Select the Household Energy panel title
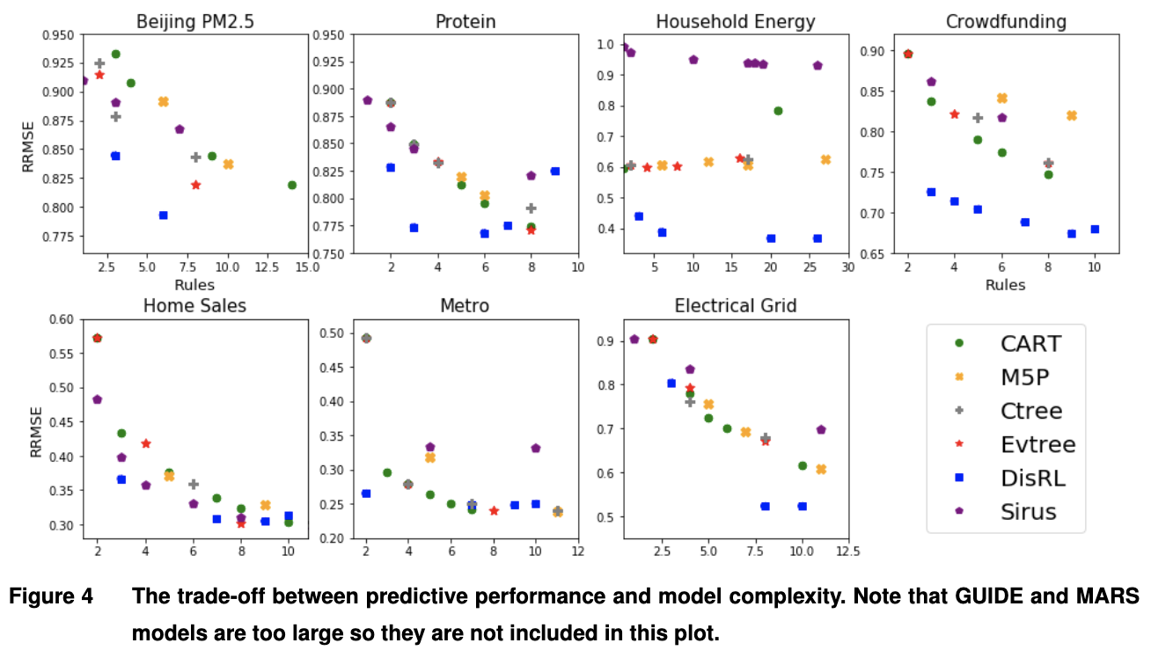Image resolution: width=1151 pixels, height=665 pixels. [x=735, y=21]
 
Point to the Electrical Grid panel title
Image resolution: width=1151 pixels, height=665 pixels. [x=736, y=305]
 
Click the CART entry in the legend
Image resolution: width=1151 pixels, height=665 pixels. [x=1030, y=343]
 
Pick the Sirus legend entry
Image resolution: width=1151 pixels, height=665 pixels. [x=1028, y=511]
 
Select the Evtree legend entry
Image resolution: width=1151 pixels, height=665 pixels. [x=1037, y=444]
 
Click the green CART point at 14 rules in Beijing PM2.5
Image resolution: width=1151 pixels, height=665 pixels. [x=292, y=185]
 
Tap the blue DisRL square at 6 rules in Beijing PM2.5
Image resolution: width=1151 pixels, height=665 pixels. [x=164, y=215]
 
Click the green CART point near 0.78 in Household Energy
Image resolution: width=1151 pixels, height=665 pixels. [x=778, y=111]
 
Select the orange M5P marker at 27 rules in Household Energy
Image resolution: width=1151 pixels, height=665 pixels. [x=825, y=159]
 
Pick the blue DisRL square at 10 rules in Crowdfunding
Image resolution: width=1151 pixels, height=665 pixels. [x=1095, y=229]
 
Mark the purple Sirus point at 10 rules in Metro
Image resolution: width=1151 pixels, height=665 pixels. [x=536, y=448]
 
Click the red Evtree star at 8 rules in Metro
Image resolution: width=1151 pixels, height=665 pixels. [x=494, y=510]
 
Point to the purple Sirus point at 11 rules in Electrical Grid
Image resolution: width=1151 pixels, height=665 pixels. [x=821, y=429]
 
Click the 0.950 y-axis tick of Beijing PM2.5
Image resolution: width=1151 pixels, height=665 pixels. [x=59, y=35]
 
